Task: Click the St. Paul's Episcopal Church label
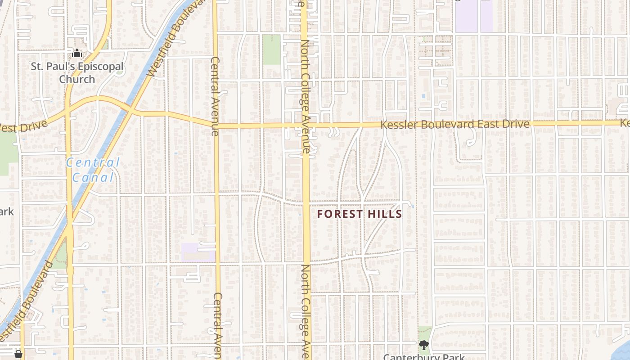click(77, 73)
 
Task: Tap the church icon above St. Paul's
click(77, 54)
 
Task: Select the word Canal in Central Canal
click(93, 177)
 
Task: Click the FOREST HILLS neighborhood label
click(359, 214)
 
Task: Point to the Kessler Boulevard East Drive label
click(454, 124)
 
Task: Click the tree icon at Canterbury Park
click(423, 345)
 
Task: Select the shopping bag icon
click(18, 354)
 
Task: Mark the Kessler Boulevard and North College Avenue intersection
click(306, 125)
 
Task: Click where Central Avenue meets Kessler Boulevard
click(216, 125)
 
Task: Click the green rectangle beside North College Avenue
click(271, 49)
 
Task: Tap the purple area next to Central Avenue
click(198, 252)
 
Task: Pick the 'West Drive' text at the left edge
click(22, 127)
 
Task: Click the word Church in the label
click(77, 79)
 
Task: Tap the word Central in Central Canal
click(93, 162)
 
